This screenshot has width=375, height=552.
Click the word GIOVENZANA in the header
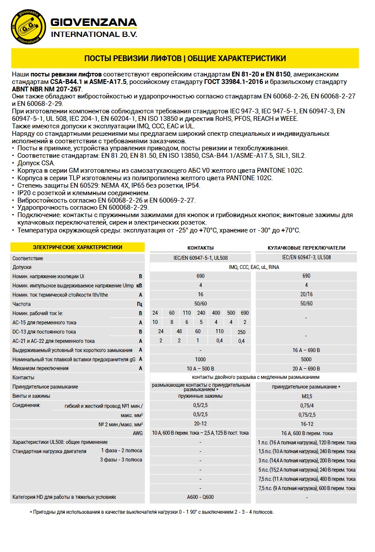point(94,22)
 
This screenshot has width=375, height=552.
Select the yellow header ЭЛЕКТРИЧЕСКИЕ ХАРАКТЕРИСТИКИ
point(77,247)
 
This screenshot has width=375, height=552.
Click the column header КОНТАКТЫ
point(200,248)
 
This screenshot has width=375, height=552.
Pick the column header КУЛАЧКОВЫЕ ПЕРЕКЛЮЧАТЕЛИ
point(306,248)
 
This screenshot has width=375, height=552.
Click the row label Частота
point(22,304)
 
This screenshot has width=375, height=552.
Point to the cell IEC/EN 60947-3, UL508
point(306,258)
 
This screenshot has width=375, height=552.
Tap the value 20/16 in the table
point(306,294)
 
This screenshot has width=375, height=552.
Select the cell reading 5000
point(306,359)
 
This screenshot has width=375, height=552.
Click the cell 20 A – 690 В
point(306,368)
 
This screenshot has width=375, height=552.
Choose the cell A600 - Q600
point(200,497)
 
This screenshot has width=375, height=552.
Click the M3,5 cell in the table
point(306,396)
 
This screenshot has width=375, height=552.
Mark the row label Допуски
point(22,267)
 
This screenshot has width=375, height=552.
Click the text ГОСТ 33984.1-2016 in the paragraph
point(234,82)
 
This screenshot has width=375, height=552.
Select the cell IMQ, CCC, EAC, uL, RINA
point(254,267)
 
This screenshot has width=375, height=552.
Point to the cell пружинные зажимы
point(200,396)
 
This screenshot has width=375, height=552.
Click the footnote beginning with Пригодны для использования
point(151,512)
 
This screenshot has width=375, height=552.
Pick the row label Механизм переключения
point(40,368)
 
